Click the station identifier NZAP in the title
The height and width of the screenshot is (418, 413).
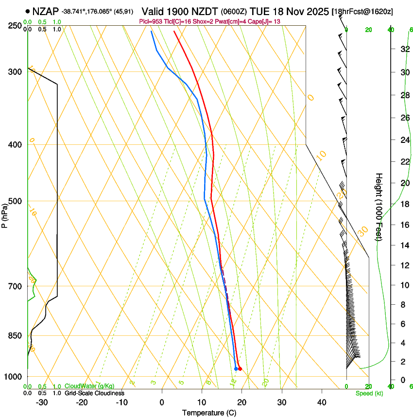coord(46,10)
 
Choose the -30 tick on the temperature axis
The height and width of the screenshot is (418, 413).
coord(42,402)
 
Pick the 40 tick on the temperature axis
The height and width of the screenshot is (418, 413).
coord(322,402)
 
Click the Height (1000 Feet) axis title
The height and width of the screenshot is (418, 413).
coord(379,207)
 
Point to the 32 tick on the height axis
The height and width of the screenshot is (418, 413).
coord(404,49)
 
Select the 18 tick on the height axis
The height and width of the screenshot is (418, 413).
coord(404,204)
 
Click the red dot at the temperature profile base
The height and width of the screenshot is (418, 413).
coord(240,369)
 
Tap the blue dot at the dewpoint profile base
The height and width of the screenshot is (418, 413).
coord(236,369)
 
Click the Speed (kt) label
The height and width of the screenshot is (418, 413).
coord(369,393)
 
